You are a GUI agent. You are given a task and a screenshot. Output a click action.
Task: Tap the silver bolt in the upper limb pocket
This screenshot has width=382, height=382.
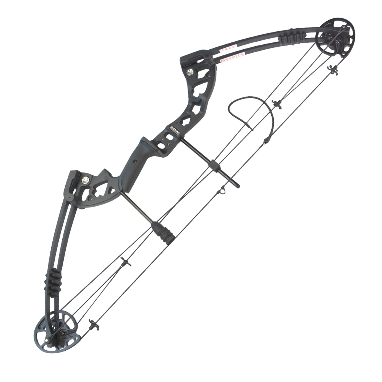coord(190,71)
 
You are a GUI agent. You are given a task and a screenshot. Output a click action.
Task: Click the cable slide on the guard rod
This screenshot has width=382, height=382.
coord(214,165)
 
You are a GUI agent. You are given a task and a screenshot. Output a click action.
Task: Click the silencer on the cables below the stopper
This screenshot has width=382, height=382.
coord(125,262)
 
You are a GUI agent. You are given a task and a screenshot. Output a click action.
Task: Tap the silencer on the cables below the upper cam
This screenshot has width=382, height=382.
coord(277,104)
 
